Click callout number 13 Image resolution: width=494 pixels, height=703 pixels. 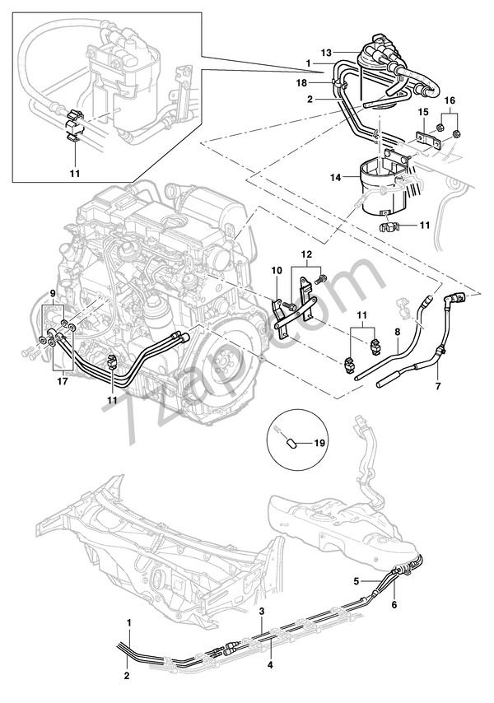(x=327, y=54)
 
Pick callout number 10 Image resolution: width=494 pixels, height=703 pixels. (x=277, y=270)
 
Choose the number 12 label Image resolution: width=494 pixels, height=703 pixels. (x=306, y=255)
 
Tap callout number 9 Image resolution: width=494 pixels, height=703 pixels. (x=54, y=294)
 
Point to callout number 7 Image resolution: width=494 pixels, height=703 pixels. (x=437, y=386)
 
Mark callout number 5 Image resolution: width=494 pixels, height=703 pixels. (x=357, y=580)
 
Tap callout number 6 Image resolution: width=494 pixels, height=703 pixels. (x=394, y=605)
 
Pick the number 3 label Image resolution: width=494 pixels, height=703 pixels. (x=261, y=612)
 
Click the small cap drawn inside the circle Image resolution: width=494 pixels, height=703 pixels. (x=289, y=442)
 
